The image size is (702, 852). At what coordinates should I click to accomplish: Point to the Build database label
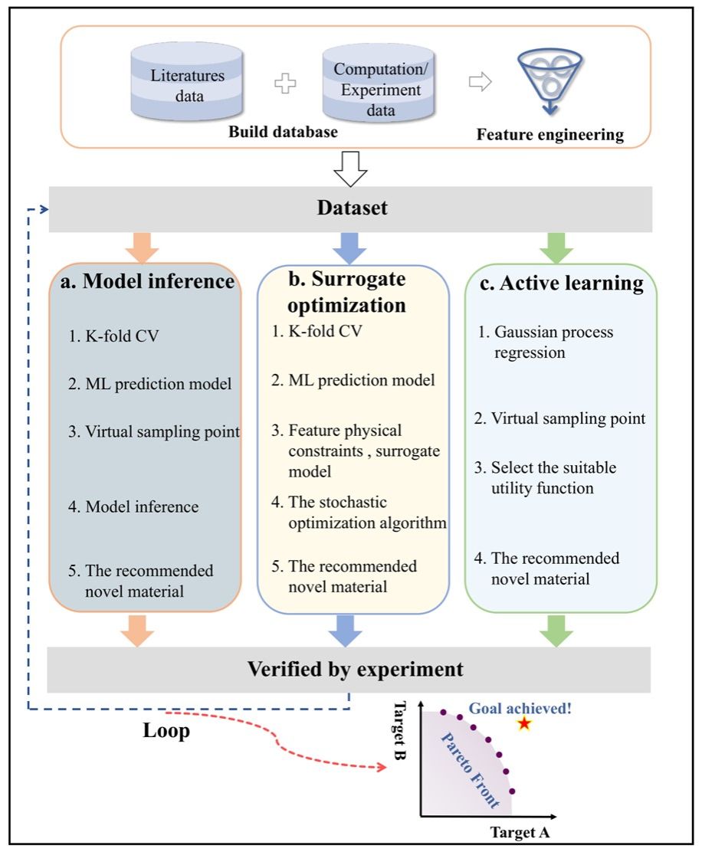coord(284,132)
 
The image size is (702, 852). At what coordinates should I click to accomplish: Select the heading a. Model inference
coord(147,281)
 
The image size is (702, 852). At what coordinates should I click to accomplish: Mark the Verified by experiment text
coord(355,669)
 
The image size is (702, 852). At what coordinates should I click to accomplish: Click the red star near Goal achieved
coord(524,723)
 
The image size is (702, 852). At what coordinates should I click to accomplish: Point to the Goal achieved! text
coord(520,708)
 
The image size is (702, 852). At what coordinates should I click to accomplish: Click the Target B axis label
coord(400,731)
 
